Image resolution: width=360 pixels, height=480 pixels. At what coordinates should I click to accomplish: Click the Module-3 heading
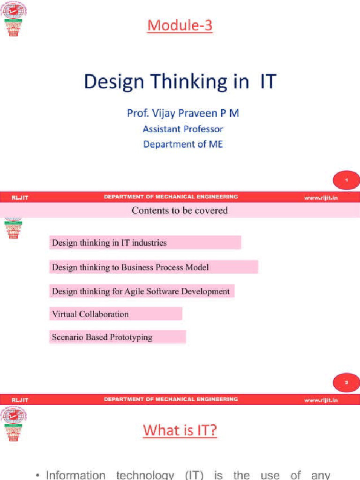[180, 25]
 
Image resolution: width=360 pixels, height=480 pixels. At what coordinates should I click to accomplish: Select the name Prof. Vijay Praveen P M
[183, 113]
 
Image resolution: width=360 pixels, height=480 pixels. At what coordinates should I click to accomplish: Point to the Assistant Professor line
[183, 129]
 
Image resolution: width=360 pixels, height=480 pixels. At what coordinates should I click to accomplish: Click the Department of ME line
[183, 144]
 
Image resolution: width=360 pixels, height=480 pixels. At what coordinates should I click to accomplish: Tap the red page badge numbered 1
[346, 180]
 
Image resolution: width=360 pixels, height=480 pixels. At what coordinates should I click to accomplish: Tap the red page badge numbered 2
[346, 382]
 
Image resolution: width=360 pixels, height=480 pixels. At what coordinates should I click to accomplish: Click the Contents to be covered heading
[180, 210]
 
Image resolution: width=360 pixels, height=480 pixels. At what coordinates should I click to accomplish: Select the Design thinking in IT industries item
[109, 243]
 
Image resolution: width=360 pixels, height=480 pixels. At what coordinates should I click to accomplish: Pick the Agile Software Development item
[141, 291]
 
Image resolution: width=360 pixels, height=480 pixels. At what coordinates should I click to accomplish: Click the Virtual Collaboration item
[90, 314]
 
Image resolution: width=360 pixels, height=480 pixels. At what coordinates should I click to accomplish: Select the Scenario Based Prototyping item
[102, 337]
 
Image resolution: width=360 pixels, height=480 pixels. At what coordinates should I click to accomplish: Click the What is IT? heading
[180, 430]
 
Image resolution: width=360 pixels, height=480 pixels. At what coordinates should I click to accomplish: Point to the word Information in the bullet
[75, 474]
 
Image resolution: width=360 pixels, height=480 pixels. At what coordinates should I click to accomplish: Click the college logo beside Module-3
[14, 19]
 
